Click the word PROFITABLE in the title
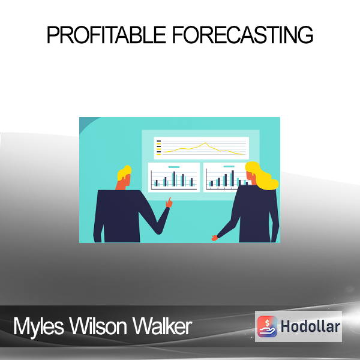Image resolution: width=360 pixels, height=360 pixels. (x=106, y=35)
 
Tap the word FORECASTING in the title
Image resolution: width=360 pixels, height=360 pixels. (x=243, y=35)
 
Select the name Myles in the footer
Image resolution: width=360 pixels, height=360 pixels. (x=38, y=326)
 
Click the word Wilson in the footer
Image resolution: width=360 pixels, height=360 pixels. (x=98, y=326)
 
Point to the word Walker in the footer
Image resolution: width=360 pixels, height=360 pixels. (x=162, y=326)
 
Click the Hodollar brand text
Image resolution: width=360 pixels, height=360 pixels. (x=310, y=326)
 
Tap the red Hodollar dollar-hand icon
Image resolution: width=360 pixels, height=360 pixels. (x=267, y=326)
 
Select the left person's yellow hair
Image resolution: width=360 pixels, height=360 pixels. (x=124, y=172)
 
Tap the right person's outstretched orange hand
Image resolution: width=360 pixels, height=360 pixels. (x=215, y=238)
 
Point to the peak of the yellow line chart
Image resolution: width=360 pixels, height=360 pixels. (x=205, y=143)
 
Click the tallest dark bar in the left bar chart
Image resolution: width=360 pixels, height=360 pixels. (x=174, y=179)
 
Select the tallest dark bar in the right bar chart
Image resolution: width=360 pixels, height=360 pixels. (x=233, y=178)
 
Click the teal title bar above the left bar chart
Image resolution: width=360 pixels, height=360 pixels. (x=174, y=167)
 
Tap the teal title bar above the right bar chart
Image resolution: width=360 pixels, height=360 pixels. (x=229, y=166)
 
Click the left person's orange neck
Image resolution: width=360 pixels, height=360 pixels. (x=121, y=185)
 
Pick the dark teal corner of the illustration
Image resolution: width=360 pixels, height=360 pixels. (x=86, y=123)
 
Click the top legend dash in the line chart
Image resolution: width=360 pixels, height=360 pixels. (x=158, y=141)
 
